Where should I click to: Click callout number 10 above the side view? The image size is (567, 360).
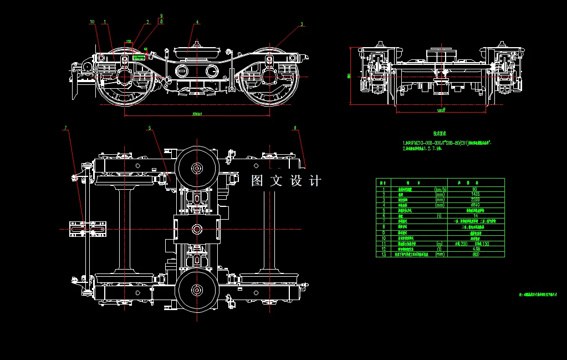coord(92,22)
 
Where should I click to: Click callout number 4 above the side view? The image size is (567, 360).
coord(197,23)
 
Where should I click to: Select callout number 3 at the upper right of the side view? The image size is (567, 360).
coord(302,24)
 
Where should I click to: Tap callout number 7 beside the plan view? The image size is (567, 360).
coord(65,128)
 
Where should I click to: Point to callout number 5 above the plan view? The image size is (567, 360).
coord(149,128)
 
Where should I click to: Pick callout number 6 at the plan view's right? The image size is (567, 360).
coord(295,128)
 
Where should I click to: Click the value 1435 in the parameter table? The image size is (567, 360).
coord(475,195)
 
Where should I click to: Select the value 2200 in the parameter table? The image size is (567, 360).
coord(475,200)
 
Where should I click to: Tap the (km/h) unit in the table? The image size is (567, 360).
coord(440,190)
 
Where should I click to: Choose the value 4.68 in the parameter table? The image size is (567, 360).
coord(475,249)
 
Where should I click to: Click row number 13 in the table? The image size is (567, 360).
coord(383,255)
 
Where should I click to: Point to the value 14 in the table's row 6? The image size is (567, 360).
coord(475,216)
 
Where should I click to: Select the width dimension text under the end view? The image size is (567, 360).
coord(441,111)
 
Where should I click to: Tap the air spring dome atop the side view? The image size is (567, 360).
coord(197,52)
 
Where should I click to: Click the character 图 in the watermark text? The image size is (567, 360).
coord(257,181)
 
